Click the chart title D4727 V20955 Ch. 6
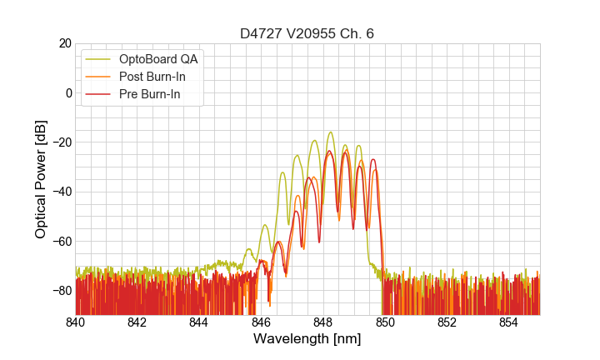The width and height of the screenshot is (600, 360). tap(307, 33)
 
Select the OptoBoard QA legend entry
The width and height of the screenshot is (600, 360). tap(158, 59)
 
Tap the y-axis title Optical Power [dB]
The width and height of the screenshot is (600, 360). tap(41, 179)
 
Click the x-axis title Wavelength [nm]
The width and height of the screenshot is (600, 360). tap(307, 339)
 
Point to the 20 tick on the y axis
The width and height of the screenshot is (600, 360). tap(63, 43)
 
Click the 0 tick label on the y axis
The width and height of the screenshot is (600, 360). tap(67, 92)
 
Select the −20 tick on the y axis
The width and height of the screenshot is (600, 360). tap(60, 142)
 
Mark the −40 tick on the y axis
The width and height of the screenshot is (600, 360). tap(60, 192)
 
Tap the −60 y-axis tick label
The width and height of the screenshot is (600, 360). tap(60, 241)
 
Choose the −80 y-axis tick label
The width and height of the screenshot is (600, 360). tap(60, 290)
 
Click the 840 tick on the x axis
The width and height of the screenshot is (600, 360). tap(76, 322)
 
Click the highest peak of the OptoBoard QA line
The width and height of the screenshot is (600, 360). tap(331, 132)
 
